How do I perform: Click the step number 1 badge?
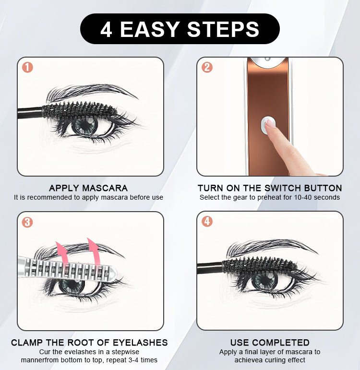pos(27,68)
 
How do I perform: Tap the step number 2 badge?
pos(207,68)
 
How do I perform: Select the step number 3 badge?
pos(27,222)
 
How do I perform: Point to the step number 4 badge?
pos(207,222)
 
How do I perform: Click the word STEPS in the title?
pos(223,29)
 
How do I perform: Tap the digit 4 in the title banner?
pos(106,29)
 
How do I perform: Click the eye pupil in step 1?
pos(85,125)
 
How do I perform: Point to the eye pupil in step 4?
pos(265,280)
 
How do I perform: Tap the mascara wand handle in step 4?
pos(210,268)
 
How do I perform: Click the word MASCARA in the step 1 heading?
pos(105,188)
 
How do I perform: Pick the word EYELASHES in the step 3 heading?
pos(140,342)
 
